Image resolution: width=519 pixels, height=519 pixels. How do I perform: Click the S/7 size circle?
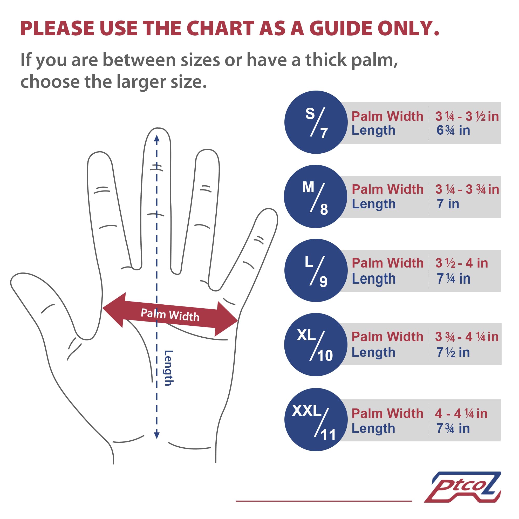coord(316,122)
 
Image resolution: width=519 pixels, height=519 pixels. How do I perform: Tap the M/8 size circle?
coord(316,196)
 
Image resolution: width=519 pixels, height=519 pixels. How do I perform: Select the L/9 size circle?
coord(316,270)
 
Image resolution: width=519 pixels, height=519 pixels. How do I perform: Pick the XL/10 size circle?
coord(316,345)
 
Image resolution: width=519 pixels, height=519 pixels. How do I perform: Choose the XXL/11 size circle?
coord(316,420)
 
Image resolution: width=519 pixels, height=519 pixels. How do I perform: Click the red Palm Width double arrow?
coord(170,315)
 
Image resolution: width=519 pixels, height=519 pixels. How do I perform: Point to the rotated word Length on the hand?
coord(169,368)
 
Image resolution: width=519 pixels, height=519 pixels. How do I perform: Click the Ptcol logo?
coord(463,487)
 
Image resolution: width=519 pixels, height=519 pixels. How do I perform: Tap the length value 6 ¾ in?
coord(453,130)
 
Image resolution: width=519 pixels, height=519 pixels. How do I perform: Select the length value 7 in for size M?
coord(448,204)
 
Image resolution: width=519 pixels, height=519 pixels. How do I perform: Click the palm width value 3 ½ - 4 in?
coord(461,263)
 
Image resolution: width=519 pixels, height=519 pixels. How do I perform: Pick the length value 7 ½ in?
coord(453,352)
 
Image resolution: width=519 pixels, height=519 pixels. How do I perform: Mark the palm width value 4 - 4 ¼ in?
coord(461,413)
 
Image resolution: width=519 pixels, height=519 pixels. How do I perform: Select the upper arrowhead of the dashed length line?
coord(157,138)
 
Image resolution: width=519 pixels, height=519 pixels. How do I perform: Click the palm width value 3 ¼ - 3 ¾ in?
coord(467,189)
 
